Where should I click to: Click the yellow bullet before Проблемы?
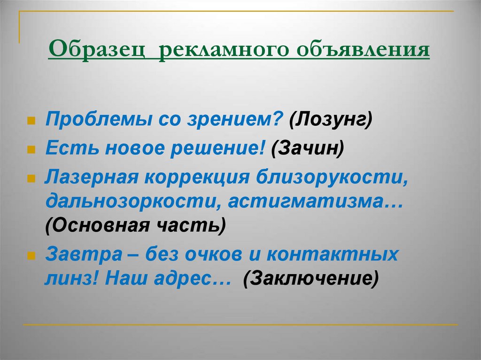(31, 121)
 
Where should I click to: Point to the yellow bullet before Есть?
(31, 149)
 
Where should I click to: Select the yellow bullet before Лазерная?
(31, 179)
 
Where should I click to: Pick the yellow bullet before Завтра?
(31, 256)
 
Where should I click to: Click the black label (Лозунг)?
(331, 119)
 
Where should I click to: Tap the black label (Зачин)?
(308, 148)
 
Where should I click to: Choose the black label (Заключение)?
(311, 279)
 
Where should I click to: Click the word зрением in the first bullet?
(235, 119)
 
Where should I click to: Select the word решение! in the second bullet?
(217, 148)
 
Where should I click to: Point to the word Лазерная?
(92, 177)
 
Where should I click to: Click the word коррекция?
(197, 178)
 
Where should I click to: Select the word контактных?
(333, 254)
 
